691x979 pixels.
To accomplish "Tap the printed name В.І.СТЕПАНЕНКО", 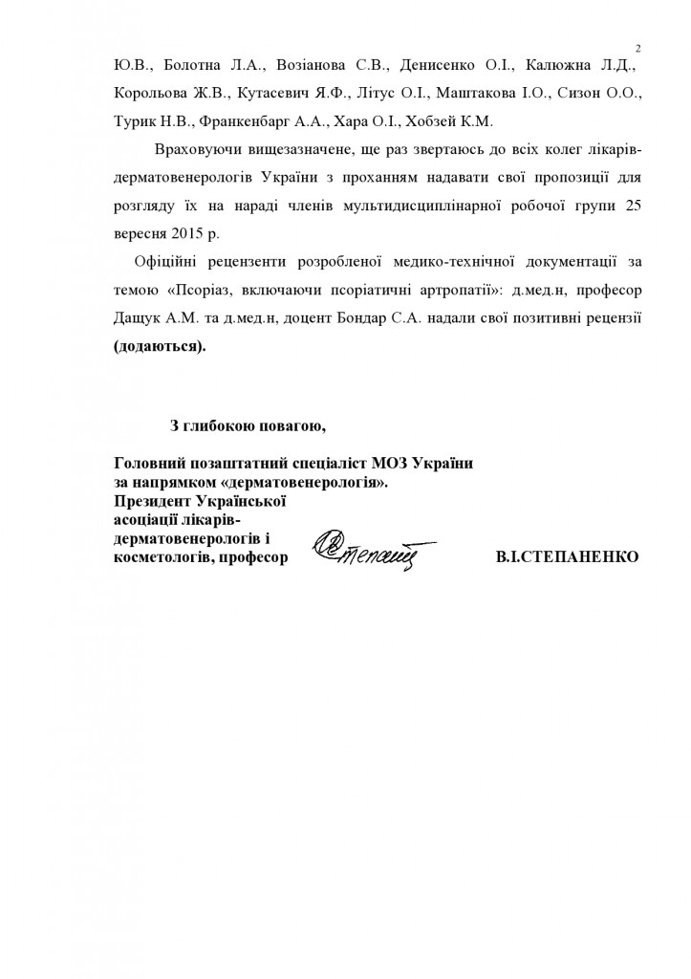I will click(568, 556).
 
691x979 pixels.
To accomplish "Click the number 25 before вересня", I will click(627, 206).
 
